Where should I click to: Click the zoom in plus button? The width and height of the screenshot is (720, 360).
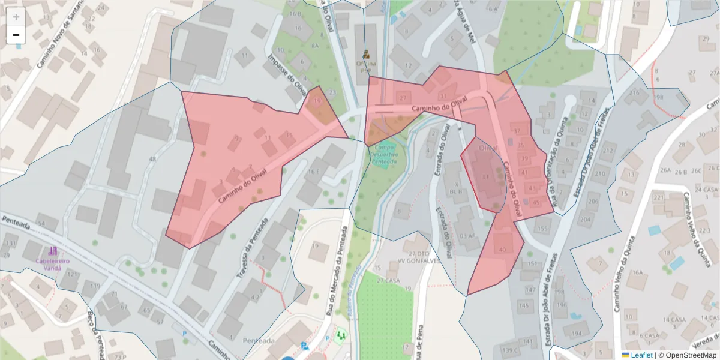point(16,17)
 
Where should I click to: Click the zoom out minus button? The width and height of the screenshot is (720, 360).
point(16,35)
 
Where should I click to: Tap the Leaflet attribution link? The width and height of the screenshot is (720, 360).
point(641,355)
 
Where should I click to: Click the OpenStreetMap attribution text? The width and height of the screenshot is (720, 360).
point(687,355)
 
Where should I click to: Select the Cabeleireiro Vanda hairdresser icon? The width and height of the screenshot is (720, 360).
point(53,251)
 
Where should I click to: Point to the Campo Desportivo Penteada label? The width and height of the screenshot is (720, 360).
point(385,154)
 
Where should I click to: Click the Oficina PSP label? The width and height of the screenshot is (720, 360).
point(366,66)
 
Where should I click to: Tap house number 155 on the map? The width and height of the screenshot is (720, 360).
point(543,229)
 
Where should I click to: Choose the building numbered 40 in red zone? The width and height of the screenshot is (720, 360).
point(502,249)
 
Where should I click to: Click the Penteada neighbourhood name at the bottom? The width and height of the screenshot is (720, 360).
point(259,341)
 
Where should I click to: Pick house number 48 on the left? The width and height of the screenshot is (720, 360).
point(152,159)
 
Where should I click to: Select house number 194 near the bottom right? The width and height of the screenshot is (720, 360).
point(577,333)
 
